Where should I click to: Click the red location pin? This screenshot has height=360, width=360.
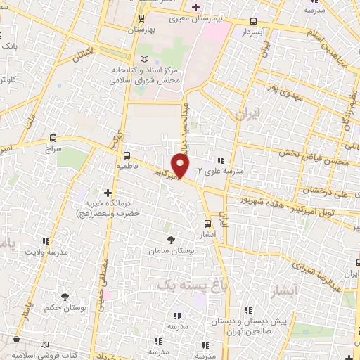tap(181, 166)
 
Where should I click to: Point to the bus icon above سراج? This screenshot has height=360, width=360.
tap(55, 138)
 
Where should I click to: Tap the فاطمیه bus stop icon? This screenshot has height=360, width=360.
tap(127, 155)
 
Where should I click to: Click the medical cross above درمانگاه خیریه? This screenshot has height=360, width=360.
tap(107, 192)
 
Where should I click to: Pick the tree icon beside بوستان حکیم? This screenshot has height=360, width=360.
tap(65, 297)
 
